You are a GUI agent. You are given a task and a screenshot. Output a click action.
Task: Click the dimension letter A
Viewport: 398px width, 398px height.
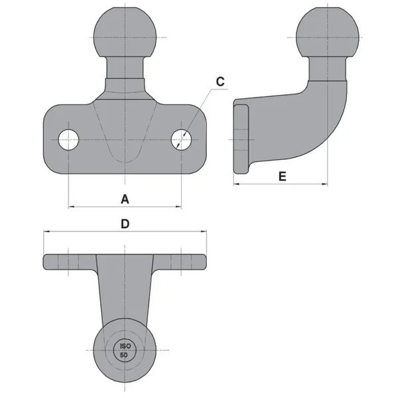pos(123,198)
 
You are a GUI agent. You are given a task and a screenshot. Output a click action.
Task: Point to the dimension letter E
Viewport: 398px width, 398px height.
pos(282,176)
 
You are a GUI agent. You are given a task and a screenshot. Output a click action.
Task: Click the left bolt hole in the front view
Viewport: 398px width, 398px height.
pos(68,139)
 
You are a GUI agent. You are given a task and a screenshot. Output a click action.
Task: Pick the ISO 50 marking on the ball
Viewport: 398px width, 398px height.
pos(124,350)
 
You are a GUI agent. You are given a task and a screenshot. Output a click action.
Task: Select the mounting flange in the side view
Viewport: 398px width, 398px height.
pos(242,139)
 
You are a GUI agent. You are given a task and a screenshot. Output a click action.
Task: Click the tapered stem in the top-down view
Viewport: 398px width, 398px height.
pos(124,292)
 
